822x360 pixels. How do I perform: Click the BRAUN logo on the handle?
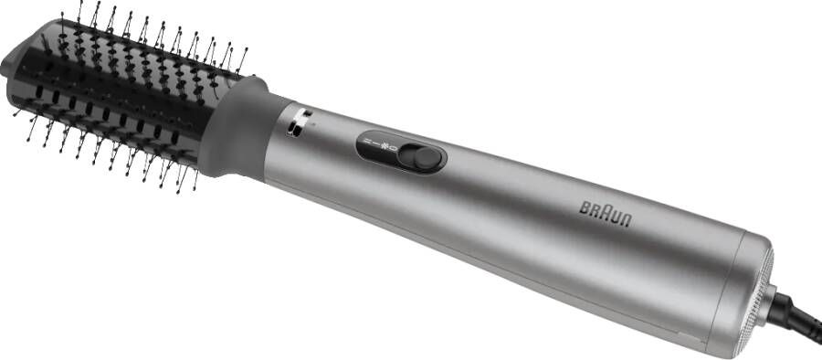[x=606, y=214]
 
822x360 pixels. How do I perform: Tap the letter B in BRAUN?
[x=585, y=207]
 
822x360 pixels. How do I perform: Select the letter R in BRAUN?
[x=595, y=211]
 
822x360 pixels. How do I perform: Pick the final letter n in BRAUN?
[x=627, y=221]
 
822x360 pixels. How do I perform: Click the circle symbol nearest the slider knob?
[x=395, y=147]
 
